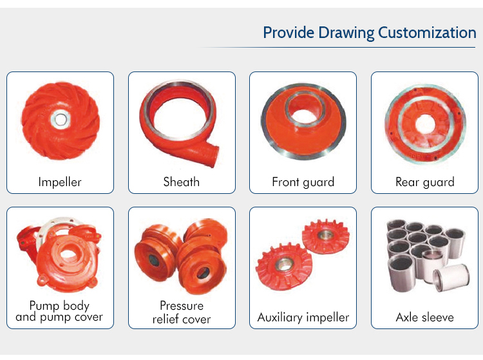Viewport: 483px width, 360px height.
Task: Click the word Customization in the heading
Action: (x=427, y=33)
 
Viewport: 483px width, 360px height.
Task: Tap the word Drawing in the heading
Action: (x=346, y=33)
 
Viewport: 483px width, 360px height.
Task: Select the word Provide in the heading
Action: (x=289, y=33)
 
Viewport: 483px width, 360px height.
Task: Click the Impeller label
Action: (x=60, y=182)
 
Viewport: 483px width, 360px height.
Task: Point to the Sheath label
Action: (x=182, y=182)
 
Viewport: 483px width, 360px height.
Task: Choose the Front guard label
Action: (x=303, y=182)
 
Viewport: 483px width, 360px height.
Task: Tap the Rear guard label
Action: (x=425, y=182)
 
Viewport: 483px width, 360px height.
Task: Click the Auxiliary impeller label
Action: (x=303, y=317)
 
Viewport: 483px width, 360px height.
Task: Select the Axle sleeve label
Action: (x=425, y=317)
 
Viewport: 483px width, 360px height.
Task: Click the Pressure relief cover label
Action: (x=182, y=312)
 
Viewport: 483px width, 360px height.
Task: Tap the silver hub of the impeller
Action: (x=61, y=119)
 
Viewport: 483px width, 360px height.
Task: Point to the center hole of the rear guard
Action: (x=425, y=124)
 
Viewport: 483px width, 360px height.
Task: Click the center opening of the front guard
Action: (x=303, y=116)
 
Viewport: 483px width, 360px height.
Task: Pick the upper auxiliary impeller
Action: (x=326, y=236)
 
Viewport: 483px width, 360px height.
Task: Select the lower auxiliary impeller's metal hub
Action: (x=283, y=264)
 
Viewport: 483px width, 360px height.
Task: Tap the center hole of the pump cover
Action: (x=68, y=254)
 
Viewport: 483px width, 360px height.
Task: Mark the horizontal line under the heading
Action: (x=337, y=48)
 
